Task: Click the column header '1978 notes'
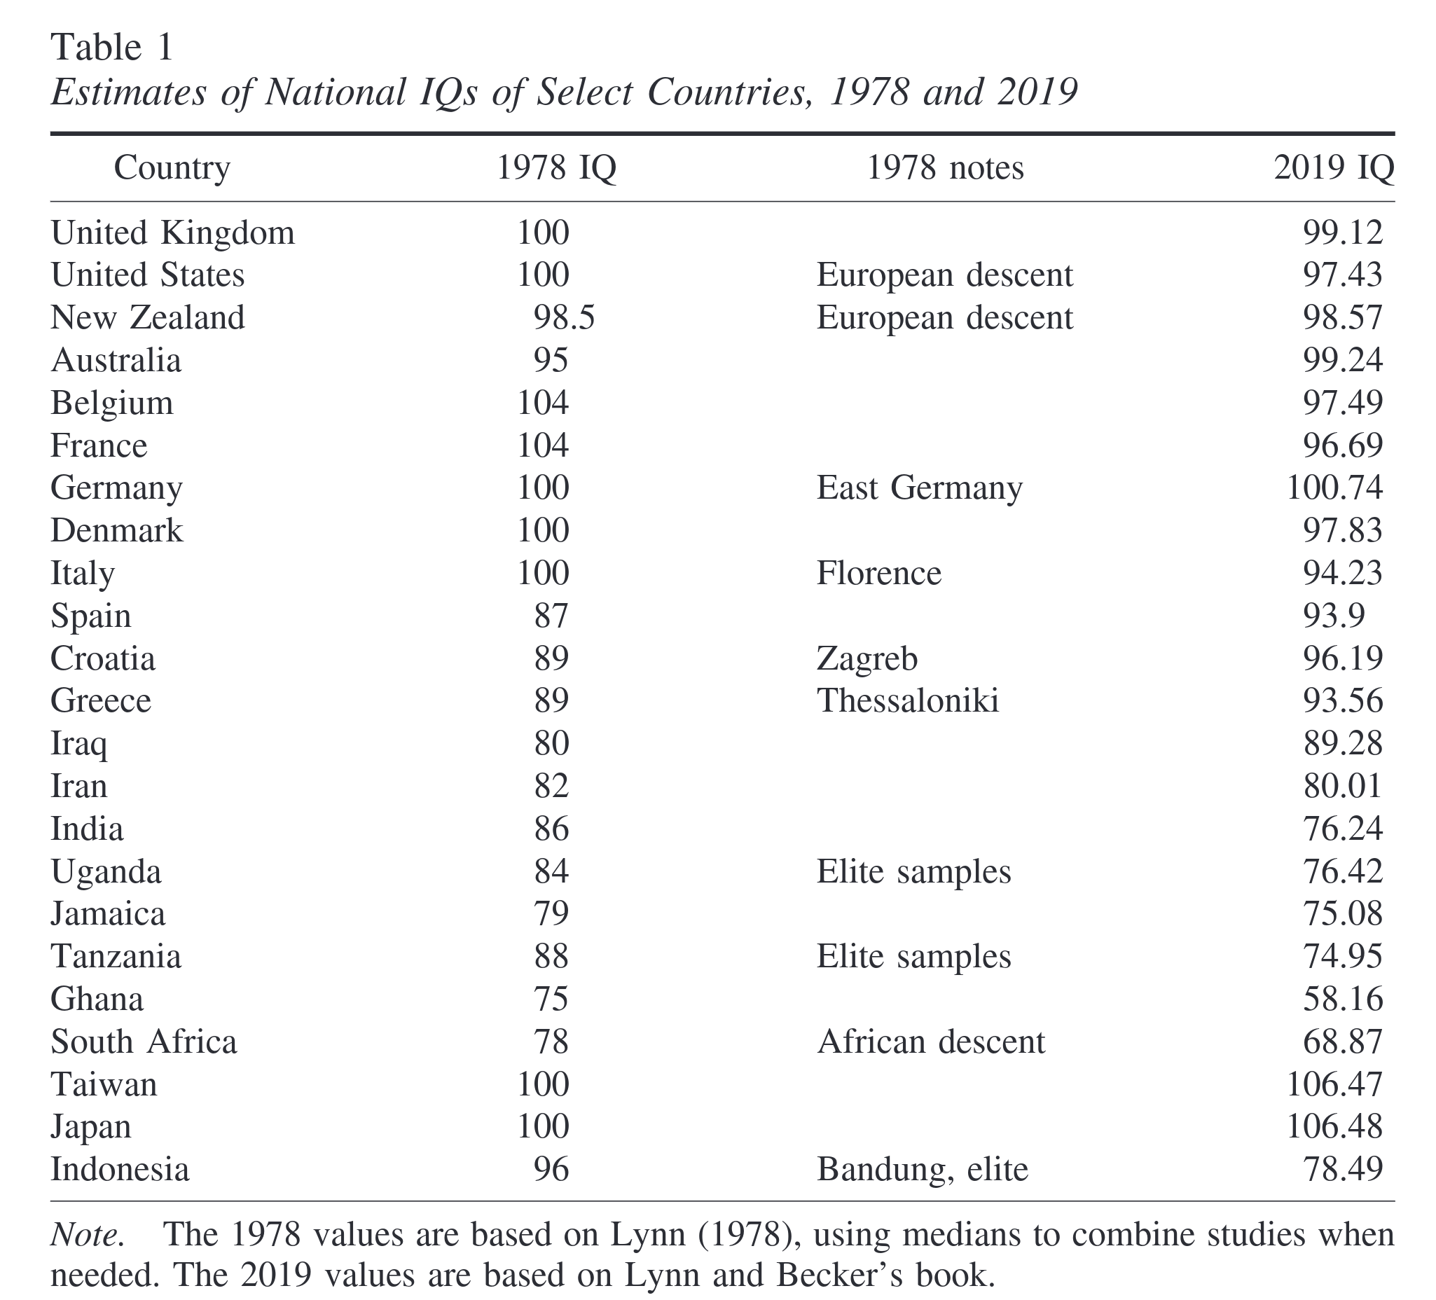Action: pos(944,168)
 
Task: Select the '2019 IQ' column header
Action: pos(1334,168)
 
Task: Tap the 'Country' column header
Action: pos(172,168)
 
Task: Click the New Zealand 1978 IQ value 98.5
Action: pos(563,318)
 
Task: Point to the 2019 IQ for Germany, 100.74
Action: pos(1334,488)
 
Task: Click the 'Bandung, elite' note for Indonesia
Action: pos(923,1170)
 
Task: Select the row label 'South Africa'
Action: pos(143,1042)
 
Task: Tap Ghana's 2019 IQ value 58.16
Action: pos(1343,1000)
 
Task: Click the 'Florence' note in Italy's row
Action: pos(878,574)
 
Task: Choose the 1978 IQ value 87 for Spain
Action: pos(551,616)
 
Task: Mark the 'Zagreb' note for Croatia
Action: pos(867,659)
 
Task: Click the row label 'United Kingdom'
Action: pos(172,233)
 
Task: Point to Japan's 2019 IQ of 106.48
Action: pos(1334,1127)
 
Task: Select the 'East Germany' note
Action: pos(919,488)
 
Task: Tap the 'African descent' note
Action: pos(930,1042)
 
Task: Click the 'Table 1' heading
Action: pos(112,48)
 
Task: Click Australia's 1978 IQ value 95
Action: pos(551,361)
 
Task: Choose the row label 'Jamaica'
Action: pos(108,914)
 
